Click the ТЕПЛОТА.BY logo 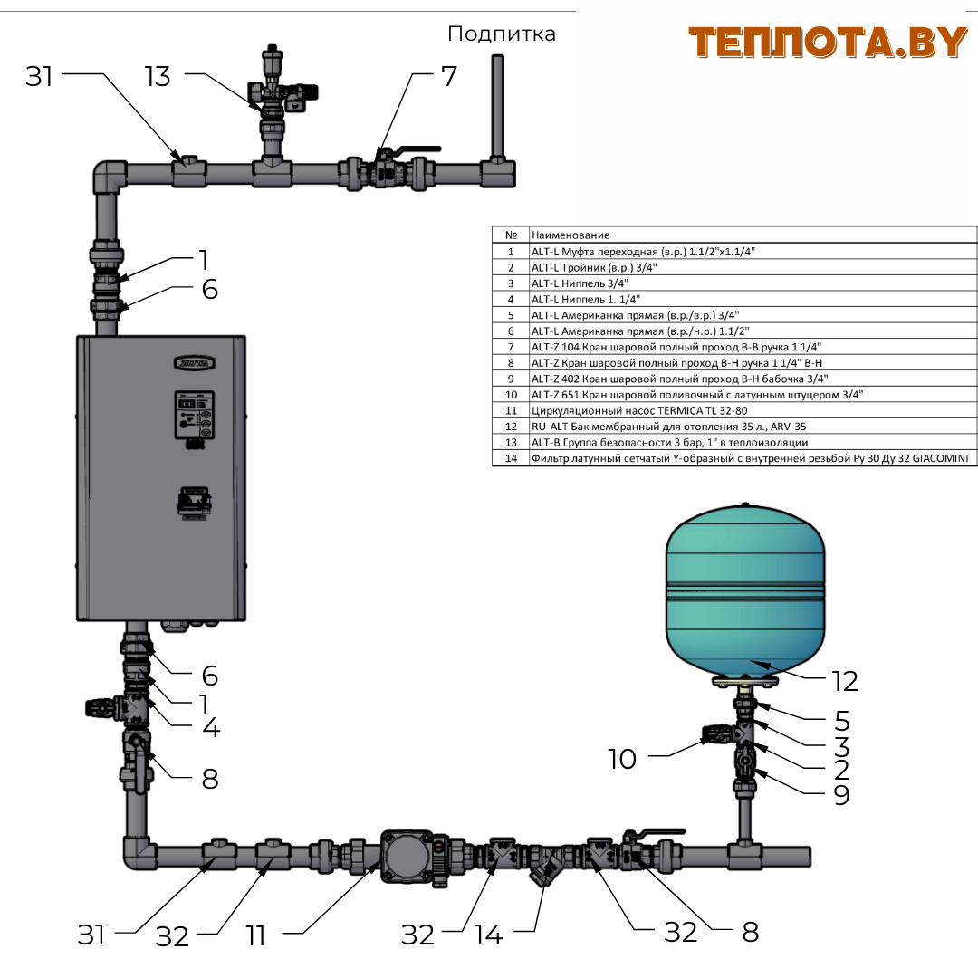(828, 43)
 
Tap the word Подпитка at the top (501, 34)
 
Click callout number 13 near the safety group (158, 77)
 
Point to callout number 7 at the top (449, 76)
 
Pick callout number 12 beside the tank (845, 680)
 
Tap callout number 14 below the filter (489, 935)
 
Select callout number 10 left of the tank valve (622, 758)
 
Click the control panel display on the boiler (195, 417)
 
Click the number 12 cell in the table (511, 426)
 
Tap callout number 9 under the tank (841, 795)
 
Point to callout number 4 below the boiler (210, 727)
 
